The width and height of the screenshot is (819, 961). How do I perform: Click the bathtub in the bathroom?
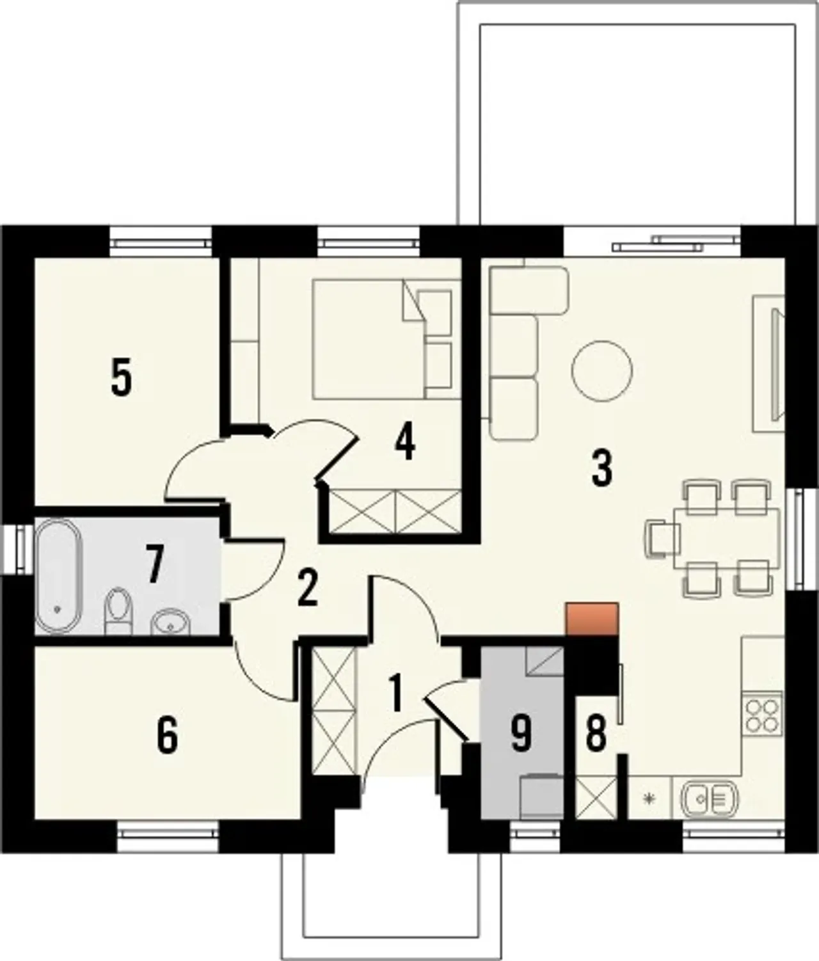[59, 576]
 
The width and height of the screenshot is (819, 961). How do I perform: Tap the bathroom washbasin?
[170, 622]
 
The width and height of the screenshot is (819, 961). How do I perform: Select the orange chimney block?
[592, 619]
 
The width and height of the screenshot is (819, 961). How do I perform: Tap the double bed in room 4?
[387, 339]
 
